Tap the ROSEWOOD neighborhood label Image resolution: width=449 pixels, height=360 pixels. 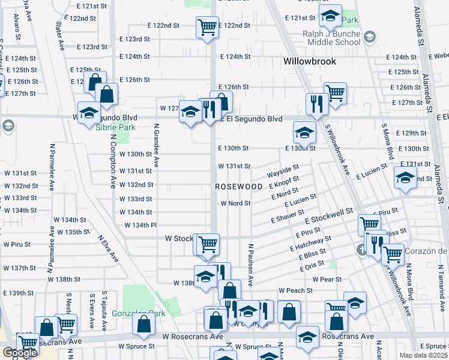tap(239, 187)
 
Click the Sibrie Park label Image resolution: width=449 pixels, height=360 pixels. tap(115, 127)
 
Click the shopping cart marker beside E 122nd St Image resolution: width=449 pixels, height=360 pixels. tap(207, 26)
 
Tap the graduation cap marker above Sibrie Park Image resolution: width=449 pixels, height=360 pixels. tap(89, 112)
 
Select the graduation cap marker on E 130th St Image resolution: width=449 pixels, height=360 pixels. tap(304, 132)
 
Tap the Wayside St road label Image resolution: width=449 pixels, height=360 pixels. tap(283, 172)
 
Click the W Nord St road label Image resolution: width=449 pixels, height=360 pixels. tap(235, 203)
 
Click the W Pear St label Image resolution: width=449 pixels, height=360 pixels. tap(327, 279)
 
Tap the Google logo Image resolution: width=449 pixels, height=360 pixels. tap(20, 353)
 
